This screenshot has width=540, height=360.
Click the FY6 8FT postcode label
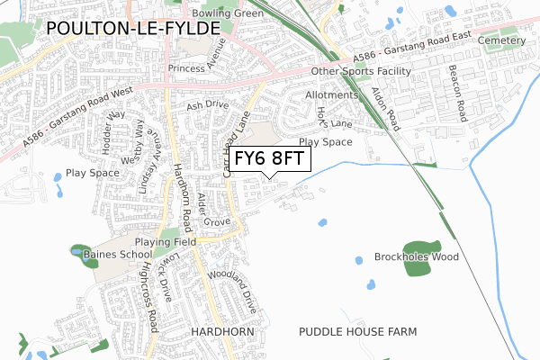click(270, 159)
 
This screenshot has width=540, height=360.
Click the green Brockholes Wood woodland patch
click(421, 246)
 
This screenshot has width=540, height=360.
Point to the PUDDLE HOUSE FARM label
click(358, 332)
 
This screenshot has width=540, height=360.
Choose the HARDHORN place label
click(217, 332)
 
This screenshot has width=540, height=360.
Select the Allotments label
click(332, 94)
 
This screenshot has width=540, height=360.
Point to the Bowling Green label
click(228, 13)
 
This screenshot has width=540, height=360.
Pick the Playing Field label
click(166, 243)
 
